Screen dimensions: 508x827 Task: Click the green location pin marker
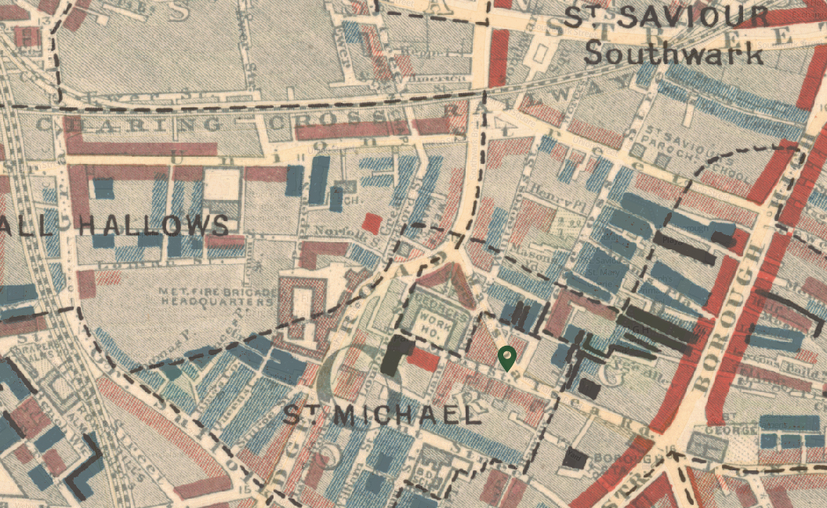pos(507,357)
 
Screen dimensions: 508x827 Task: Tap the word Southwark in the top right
pos(673,54)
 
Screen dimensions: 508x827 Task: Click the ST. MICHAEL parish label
pos(381,415)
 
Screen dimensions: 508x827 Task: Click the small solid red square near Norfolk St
pos(372,223)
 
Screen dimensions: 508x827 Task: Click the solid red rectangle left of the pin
pos(423,360)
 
